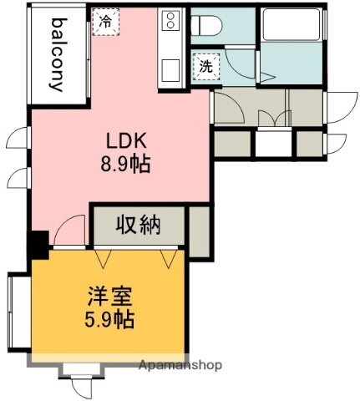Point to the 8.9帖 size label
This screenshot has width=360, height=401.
pos(126,165)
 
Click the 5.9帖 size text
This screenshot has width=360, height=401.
pos(109,319)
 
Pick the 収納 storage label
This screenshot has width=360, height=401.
pos(139,224)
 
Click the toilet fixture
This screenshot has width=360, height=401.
pos(205,27)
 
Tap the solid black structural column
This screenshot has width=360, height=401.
pos(38,244)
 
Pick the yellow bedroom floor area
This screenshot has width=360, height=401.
pos(109,334)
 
